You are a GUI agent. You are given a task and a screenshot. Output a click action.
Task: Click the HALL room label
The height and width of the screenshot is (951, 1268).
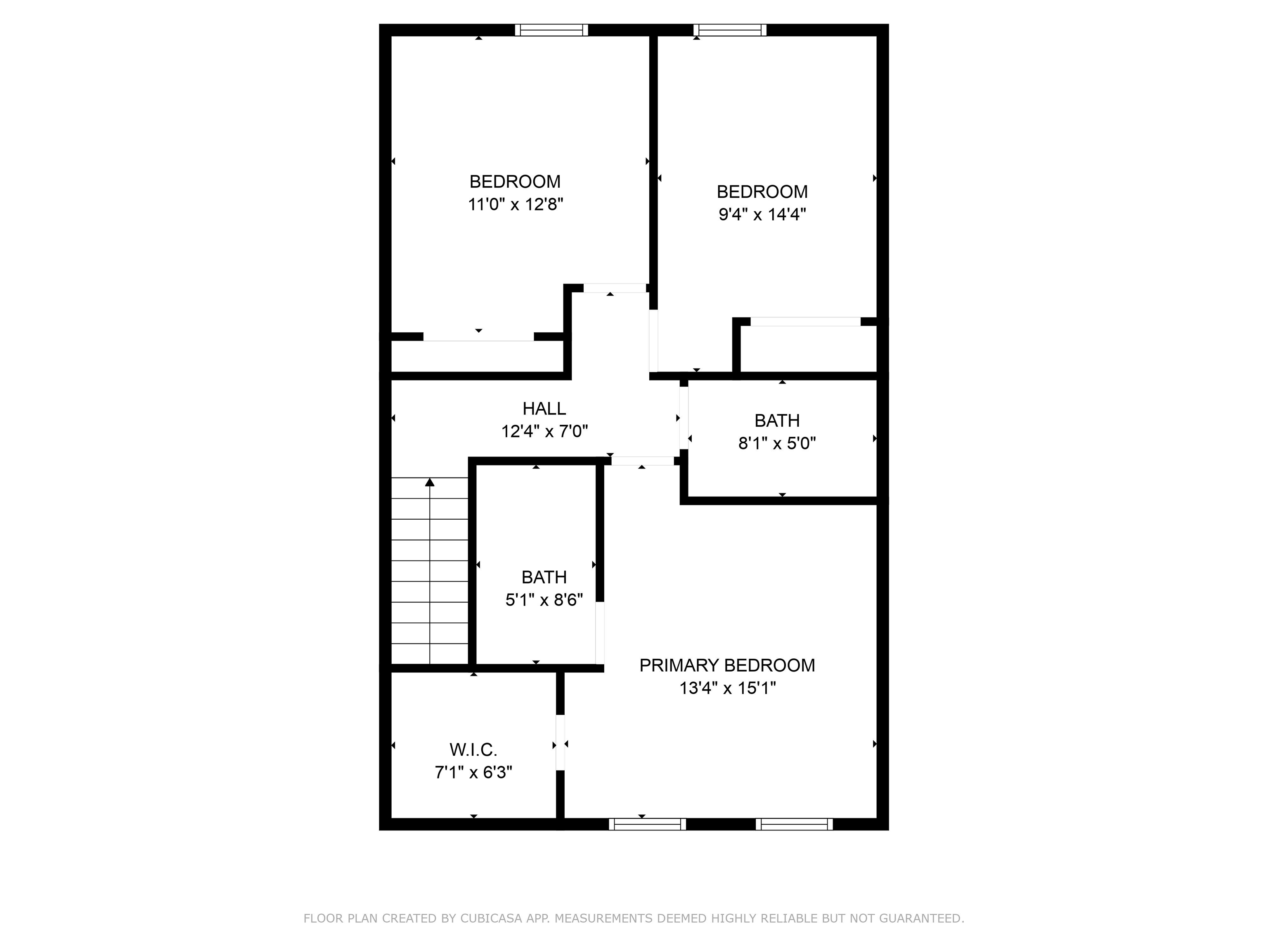click(x=544, y=409)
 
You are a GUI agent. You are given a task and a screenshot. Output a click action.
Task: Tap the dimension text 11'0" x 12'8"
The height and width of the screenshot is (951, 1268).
click(x=516, y=205)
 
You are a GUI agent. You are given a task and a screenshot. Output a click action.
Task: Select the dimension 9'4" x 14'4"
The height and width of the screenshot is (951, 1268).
click(x=762, y=214)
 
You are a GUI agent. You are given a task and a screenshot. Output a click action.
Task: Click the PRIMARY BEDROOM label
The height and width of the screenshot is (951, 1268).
click(x=727, y=665)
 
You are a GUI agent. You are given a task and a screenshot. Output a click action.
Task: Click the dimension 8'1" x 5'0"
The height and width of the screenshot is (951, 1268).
click(x=777, y=443)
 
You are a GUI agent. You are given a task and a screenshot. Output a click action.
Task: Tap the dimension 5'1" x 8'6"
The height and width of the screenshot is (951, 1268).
click(x=544, y=600)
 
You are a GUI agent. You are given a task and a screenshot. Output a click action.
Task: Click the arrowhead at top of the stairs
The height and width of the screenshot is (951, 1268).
click(x=429, y=482)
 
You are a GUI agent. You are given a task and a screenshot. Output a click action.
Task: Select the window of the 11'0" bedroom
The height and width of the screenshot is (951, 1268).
click(x=551, y=30)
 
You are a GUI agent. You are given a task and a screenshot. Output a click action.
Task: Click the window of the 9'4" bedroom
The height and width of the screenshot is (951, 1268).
click(x=730, y=30)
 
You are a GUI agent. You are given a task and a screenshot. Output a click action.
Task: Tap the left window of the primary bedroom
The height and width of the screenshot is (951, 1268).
click(x=647, y=824)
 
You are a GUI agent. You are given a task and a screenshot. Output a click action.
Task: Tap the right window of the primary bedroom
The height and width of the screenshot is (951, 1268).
click(x=794, y=824)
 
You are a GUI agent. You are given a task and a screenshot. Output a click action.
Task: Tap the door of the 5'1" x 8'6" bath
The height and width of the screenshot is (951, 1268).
click(x=600, y=632)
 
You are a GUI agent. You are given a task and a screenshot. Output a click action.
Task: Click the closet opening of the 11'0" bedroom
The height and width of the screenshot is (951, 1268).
click(x=479, y=337)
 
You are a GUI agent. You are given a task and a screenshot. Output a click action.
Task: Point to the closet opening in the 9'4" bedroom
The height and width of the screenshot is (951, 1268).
click(x=805, y=322)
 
